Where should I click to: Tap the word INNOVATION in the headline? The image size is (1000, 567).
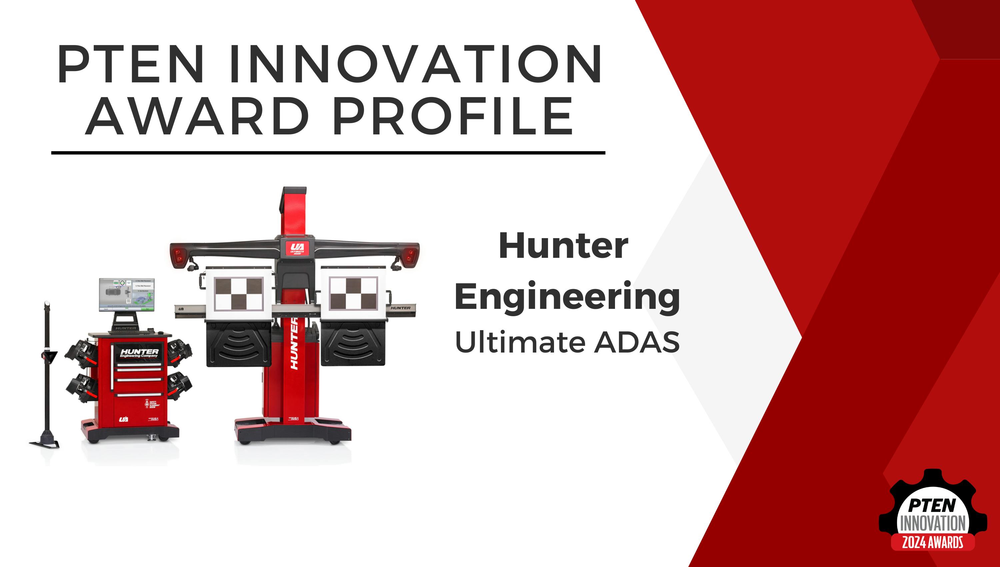pos(415,65)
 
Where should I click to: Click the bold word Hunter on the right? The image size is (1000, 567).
pos(563,246)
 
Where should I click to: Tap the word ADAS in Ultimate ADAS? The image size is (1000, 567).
pos(637,343)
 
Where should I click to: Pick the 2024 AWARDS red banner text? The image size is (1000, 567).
pos(933,542)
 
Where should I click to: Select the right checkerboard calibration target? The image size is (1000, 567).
pos(353,294)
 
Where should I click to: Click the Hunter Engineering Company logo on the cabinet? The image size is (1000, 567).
pos(139,353)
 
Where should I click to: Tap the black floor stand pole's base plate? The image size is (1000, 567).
pos(45,444)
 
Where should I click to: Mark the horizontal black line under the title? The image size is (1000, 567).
pos(328,153)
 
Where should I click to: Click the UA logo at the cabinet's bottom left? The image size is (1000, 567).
pos(123,419)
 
